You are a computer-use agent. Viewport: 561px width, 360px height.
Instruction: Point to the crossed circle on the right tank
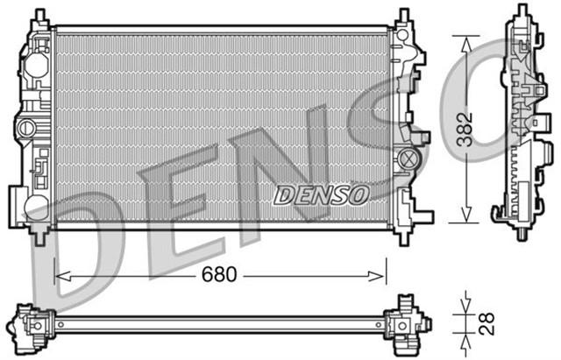point(407,159)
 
